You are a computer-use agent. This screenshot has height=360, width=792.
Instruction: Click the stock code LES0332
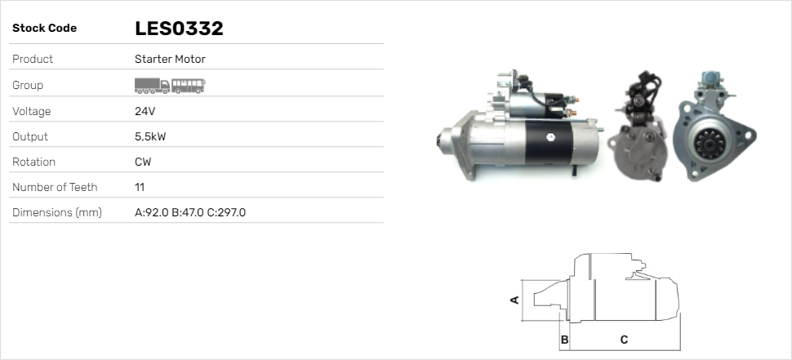[179, 29]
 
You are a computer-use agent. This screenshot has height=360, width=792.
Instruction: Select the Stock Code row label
[44, 29]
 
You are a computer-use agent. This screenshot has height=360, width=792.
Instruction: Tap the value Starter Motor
[170, 59]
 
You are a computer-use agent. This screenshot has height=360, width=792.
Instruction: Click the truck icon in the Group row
[152, 84]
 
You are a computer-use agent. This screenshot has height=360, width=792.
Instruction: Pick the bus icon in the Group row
[189, 84]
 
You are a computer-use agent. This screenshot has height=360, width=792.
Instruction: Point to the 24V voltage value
[145, 111]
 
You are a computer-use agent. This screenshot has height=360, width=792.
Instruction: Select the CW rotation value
[143, 162]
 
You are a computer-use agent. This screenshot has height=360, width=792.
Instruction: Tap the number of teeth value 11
[139, 187]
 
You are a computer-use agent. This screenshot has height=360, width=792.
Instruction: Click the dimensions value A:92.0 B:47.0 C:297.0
[190, 212]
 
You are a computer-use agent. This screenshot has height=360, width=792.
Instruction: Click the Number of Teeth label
[55, 187]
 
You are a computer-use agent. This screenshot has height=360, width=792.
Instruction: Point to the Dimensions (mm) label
[57, 212]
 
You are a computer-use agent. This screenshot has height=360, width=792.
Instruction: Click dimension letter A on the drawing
[514, 300]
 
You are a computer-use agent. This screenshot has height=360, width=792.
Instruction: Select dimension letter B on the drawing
[564, 339]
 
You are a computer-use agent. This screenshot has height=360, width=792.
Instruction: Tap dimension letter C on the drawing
[624, 339]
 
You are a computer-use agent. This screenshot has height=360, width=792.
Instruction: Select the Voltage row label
[32, 111]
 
